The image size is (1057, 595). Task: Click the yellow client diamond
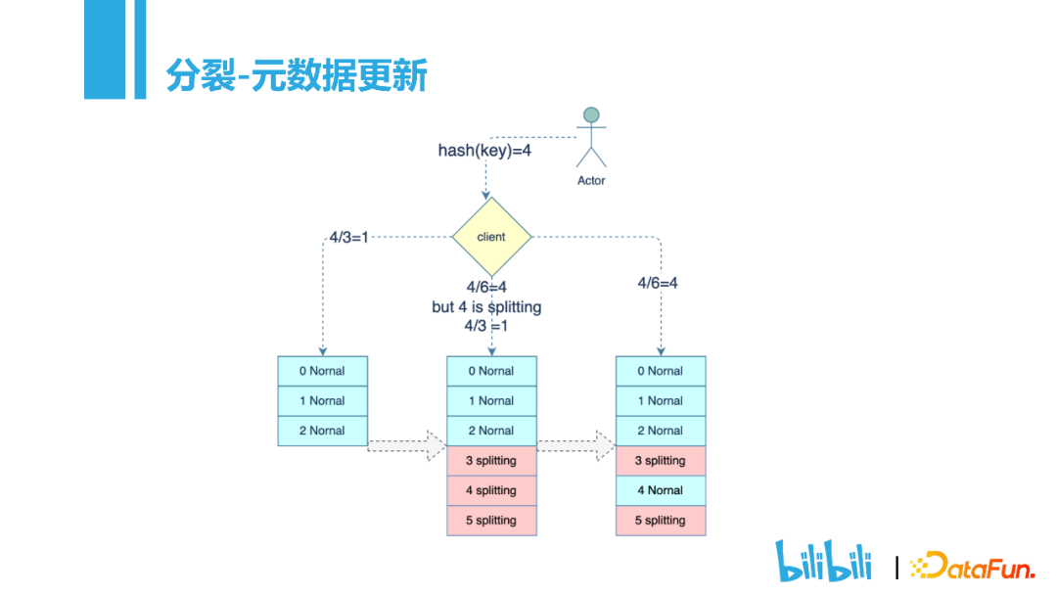click(x=491, y=237)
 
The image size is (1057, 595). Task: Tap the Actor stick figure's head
click(x=591, y=114)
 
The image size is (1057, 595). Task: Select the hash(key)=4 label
click(x=484, y=151)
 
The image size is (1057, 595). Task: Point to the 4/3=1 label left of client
click(x=348, y=237)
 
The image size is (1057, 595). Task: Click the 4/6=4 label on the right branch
click(x=658, y=283)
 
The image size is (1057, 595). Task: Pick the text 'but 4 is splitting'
click(x=486, y=307)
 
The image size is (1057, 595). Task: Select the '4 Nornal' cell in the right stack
click(x=661, y=490)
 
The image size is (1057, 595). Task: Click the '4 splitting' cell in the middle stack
click(x=491, y=490)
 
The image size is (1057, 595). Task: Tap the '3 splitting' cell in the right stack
click(x=661, y=461)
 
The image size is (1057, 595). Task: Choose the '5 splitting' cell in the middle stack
click(x=491, y=521)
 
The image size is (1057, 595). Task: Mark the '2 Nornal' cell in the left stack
click(x=322, y=431)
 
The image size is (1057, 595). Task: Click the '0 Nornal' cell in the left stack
click(x=322, y=371)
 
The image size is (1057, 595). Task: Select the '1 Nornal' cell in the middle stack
click(x=491, y=401)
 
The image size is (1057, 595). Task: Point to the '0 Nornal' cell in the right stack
click(x=661, y=371)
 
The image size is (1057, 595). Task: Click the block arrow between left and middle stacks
click(x=406, y=445)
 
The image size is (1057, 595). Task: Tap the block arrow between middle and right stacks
click(x=575, y=445)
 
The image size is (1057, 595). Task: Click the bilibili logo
click(x=823, y=561)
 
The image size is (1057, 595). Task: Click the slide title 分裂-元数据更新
click(x=297, y=74)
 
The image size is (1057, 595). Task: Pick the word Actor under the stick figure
click(x=591, y=181)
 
